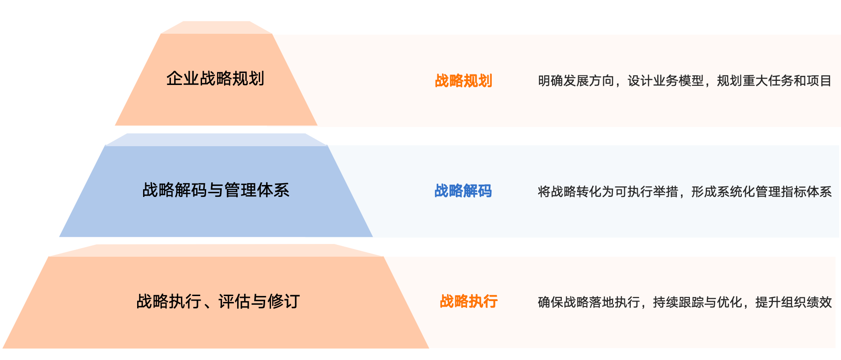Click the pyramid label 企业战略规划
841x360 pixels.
pos(215,79)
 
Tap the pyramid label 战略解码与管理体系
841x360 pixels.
pos(216,190)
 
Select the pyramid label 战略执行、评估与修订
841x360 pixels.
pos(218,302)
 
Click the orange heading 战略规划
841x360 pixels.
pos(463,81)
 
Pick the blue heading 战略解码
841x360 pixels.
pos(463,191)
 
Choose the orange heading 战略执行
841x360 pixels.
pos(468,302)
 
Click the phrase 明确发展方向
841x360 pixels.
pos(576,81)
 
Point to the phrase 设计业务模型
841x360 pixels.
pos(665,81)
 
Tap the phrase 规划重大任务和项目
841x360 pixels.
pos(774,81)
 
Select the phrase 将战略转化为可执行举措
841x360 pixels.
pos(608,192)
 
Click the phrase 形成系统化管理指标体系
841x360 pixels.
pos(761,192)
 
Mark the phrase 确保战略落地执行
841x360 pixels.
pos(589,302)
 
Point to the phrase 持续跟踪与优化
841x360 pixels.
pos(697,302)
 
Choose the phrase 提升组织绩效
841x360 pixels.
pos(793,302)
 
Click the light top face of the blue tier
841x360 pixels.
pos(216,140)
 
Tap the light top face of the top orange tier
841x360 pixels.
pos(217,27)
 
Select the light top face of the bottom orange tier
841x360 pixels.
pos(216,250)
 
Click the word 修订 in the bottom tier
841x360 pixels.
pos(284,302)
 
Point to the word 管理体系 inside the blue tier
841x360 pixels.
pos(257,190)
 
